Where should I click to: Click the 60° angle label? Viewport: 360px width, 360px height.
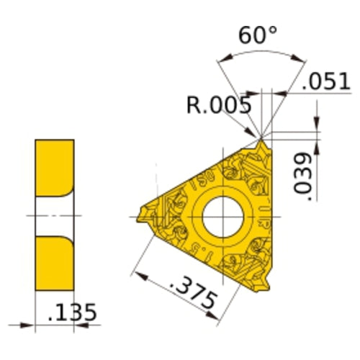253,33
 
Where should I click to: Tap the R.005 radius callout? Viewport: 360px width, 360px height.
218,106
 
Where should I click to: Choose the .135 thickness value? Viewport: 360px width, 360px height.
70,314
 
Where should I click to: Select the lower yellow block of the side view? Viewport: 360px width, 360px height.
53,263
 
